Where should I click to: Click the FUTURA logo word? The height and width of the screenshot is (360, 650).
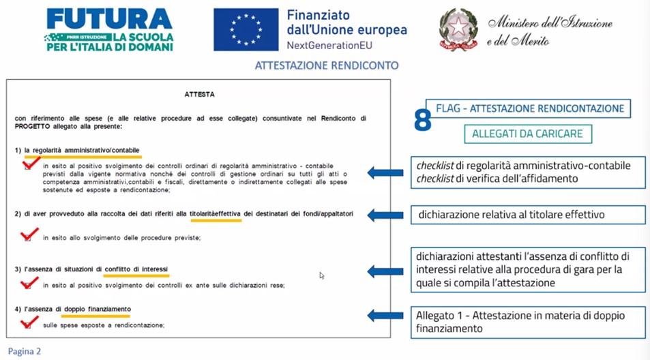tap(109, 18)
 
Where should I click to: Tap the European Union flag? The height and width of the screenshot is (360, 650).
tap(246, 29)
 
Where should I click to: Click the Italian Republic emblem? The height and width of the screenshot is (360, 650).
tap(458, 29)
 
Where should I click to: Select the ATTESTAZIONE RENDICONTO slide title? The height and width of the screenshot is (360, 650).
tap(327, 66)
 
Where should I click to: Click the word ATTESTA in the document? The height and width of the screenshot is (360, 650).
tap(199, 95)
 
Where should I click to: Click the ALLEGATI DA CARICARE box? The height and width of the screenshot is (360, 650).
tap(528, 134)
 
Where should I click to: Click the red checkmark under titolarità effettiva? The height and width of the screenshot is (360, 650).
tap(29, 235)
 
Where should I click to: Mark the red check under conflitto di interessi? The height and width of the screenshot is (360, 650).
tap(29, 283)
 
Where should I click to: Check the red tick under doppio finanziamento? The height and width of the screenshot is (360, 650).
tap(29, 322)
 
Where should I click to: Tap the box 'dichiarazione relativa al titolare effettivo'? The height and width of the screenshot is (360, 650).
tap(527, 215)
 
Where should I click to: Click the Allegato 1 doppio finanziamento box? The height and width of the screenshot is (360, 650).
tap(527, 322)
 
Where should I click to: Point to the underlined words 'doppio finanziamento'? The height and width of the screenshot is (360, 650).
tap(95, 310)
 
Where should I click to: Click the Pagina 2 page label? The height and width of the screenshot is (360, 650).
tap(25, 351)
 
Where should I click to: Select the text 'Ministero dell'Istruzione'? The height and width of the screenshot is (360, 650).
tap(550, 23)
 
